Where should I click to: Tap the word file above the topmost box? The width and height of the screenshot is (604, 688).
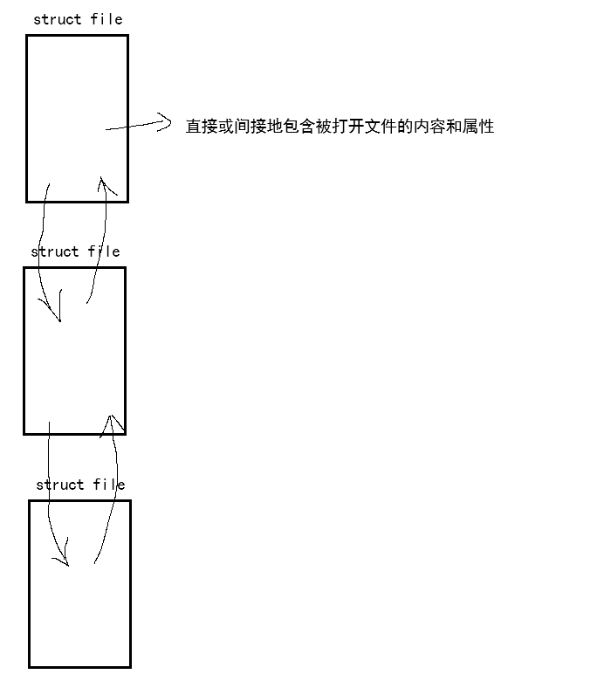coord(106,19)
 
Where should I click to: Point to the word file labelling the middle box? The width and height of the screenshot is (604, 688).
coord(104,251)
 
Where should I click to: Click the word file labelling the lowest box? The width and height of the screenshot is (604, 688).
coord(109,485)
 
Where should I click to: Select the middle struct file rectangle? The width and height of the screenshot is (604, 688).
coord(74,367)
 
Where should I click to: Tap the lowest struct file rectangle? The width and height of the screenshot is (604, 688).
coord(79,611)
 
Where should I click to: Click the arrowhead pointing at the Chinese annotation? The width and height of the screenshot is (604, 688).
coord(164,121)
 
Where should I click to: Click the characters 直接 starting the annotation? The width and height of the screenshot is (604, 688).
coord(200,127)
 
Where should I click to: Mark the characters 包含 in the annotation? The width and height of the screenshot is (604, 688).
coord(299,127)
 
